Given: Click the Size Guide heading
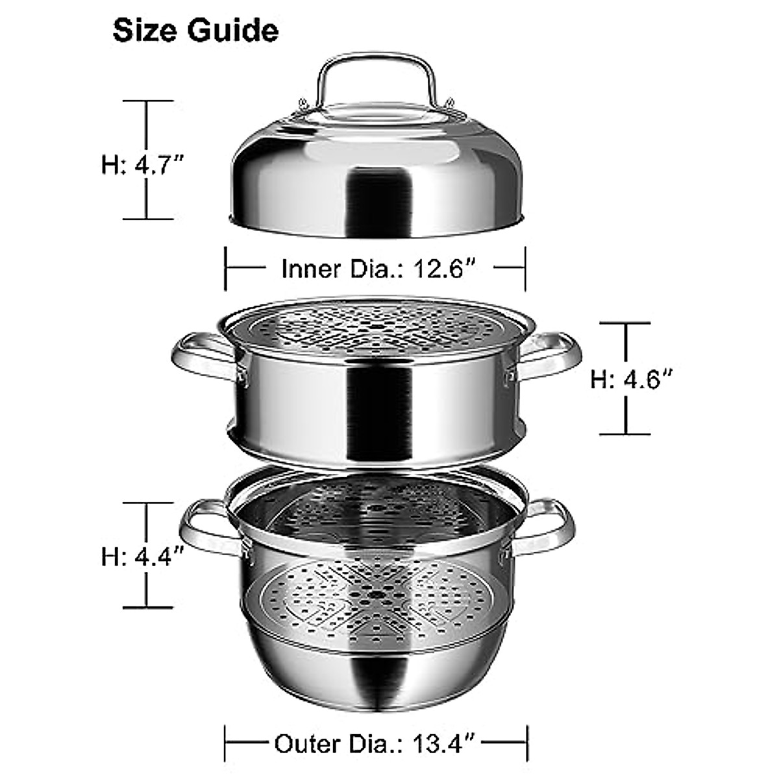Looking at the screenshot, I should click(195, 31).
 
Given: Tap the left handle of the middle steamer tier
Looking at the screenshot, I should click(198, 356).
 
